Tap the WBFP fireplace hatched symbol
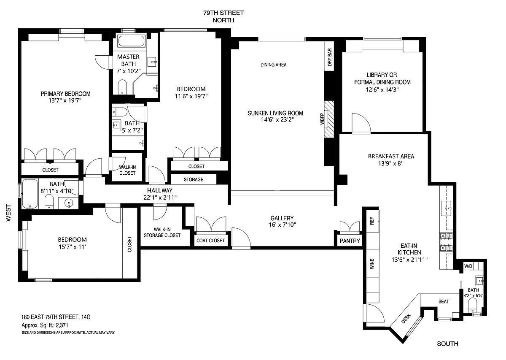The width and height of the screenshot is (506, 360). click(x=329, y=119)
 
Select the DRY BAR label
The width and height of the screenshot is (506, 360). click(x=330, y=57)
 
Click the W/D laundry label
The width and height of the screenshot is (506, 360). click(x=468, y=266)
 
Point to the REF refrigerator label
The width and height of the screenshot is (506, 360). click(x=372, y=221)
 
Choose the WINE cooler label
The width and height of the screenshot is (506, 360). click(x=372, y=264)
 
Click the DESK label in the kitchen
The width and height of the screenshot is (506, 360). click(x=406, y=319)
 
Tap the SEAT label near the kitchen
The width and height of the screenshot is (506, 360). click(x=444, y=301)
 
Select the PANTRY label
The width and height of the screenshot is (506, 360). click(x=350, y=241)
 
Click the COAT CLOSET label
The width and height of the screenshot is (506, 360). click(x=210, y=241)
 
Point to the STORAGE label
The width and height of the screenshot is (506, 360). click(x=194, y=179)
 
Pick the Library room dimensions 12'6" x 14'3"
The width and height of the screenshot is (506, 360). click(x=382, y=89)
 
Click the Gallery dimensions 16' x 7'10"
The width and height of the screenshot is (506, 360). click(x=282, y=225)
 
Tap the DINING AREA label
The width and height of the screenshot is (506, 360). click(x=274, y=65)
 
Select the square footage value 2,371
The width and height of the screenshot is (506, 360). click(x=62, y=325)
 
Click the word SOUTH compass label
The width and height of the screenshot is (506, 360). click(x=447, y=344)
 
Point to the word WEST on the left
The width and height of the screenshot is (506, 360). click(x=8, y=213)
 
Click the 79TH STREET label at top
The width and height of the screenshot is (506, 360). click(x=223, y=13)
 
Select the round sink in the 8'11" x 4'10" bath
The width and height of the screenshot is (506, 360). click(x=69, y=203)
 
